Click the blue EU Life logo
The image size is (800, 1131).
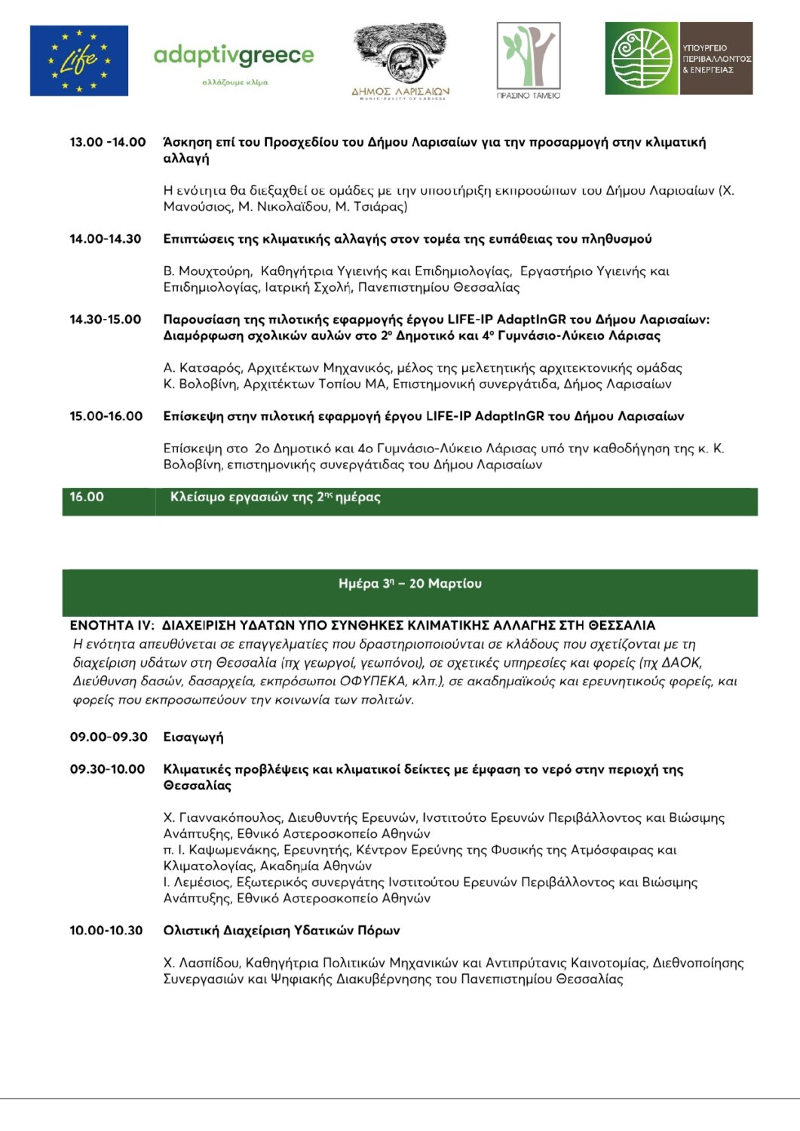[78, 60]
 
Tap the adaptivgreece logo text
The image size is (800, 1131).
[233, 57]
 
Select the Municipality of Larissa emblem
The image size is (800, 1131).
[400, 61]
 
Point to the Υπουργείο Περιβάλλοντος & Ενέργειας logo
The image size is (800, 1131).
[679, 58]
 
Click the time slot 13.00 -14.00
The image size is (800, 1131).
[108, 143]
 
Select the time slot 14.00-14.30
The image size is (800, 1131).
[106, 239]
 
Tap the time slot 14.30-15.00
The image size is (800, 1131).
[106, 320]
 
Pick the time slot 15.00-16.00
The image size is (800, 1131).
[106, 416]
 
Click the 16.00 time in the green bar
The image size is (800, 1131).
[87, 497]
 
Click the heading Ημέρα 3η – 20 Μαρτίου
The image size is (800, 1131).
[410, 584]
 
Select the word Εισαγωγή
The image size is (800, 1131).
[194, 737]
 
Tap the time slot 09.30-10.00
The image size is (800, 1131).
[107, 770]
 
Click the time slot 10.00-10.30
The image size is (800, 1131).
[106, 930]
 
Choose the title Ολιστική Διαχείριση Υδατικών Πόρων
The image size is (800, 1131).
[281, 930]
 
